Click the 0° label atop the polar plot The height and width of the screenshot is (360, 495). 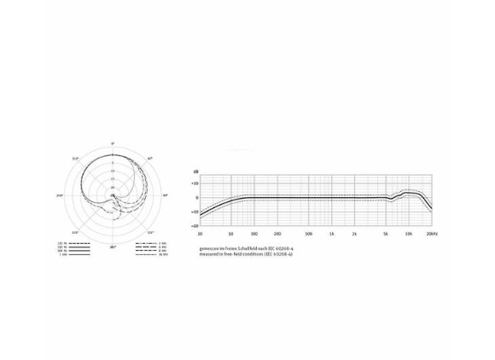(113, 143)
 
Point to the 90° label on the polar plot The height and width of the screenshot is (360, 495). (165, 195)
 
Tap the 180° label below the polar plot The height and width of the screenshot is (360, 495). (113, 247)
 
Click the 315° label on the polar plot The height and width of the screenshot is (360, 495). (76, 159)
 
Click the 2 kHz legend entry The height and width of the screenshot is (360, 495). (162, 243)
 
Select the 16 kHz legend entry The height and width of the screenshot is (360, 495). (162, 255)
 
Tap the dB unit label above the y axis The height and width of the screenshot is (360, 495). (196, 172)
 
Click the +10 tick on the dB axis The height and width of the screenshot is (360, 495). (195, 183)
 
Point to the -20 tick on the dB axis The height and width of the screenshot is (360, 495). (195, 226)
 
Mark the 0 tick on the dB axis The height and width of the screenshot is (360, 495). (196, 197)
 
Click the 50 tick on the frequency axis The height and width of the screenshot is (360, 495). (230, 233)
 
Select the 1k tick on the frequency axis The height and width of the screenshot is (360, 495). (331, 233)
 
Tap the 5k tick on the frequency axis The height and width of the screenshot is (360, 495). (386, 233)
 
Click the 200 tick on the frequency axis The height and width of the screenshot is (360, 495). (277, 233)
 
